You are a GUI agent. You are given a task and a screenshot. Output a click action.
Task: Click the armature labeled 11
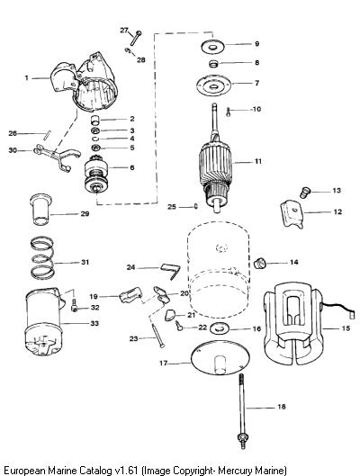[215, 164]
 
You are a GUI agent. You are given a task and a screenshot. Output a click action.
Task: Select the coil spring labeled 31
[43, 258]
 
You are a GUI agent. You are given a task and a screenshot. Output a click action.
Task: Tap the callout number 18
[282, 407]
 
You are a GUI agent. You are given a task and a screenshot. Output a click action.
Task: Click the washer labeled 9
[213, 47]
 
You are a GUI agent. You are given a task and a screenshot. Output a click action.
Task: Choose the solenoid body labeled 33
[44, 322]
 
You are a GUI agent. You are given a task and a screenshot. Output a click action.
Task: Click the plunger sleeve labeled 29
[40, 210]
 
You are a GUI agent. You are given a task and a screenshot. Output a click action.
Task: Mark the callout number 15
[346, 328]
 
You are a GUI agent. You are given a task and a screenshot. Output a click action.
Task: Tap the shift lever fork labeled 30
[57, 157]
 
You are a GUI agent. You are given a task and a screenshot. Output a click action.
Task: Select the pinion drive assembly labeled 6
[96, 176]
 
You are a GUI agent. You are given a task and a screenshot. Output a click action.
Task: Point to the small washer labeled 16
[219, 329]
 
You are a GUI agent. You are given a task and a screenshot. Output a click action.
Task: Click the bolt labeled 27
[135, 39]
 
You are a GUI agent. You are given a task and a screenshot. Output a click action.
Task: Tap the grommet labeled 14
[259, 263]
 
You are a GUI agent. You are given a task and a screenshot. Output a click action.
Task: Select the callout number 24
[130, 268]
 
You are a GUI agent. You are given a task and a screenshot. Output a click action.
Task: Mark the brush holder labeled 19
[130, 296]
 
